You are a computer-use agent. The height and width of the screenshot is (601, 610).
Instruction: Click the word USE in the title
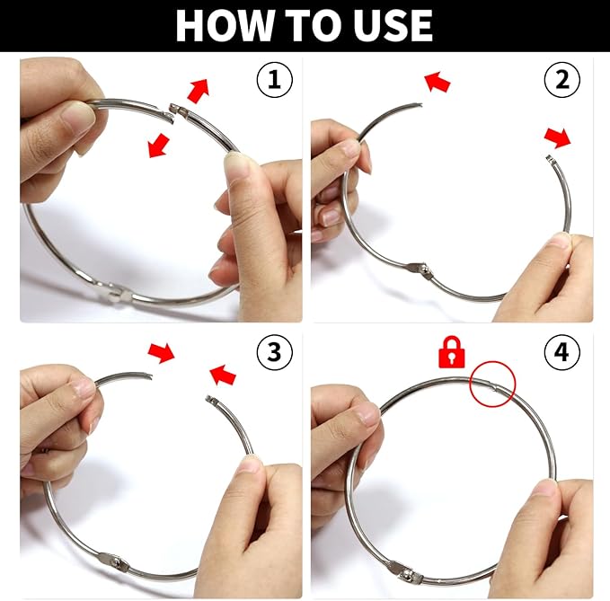tap(392, 25)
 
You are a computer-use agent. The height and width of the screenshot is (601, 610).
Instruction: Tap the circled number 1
tap(274, 79)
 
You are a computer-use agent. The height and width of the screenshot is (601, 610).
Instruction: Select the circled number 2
tap(562, 79)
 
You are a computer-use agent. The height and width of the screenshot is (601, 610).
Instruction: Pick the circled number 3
tap(274, 351)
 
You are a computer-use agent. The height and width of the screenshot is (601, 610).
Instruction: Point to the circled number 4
tap(562, 351)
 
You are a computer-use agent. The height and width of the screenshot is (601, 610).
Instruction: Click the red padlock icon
tap(452, 352)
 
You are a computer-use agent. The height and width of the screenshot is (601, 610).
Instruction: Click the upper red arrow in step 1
tap(199, 91)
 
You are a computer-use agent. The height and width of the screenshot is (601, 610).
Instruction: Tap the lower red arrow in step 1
tap(159, 146)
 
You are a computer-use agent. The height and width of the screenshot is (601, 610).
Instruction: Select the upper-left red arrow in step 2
tap(438, 82)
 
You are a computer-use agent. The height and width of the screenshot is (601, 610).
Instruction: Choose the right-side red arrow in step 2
tap(558, 137)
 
